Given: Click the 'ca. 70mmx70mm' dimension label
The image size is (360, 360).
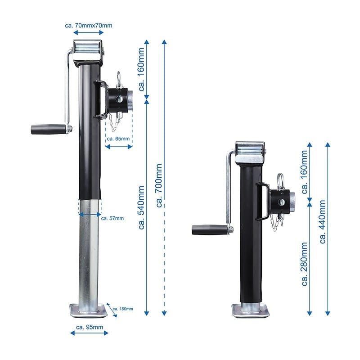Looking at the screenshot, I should (89, 25).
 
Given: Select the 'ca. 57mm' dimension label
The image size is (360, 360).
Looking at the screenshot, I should (112, 219).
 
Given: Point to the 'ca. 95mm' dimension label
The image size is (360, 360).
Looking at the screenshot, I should (90, 326).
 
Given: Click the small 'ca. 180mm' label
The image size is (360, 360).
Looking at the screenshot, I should (123, 309).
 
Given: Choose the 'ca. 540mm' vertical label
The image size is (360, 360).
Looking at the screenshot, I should (141, 207).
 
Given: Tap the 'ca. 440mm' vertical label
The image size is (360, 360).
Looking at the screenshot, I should (323, 221).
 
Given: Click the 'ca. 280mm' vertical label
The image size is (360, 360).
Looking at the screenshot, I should (305, 264).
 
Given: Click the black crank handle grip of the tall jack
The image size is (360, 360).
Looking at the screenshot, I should (47, 129).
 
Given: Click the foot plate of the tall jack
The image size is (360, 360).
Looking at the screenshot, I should (88, 310).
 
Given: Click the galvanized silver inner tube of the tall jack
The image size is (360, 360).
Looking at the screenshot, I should (89, 256).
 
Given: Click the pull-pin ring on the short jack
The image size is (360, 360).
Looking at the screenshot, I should (281, 180).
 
